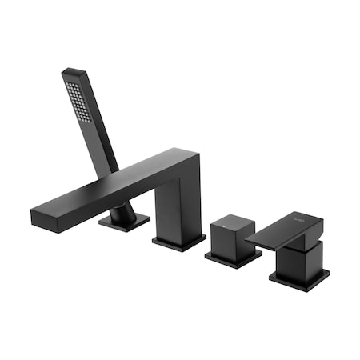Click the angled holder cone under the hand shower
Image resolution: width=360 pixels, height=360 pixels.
(122, 212)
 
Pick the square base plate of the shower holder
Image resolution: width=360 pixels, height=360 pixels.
(125, 222)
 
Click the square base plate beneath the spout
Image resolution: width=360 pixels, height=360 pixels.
(178, 242)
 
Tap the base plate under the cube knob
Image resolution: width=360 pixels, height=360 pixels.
(232, 258)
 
